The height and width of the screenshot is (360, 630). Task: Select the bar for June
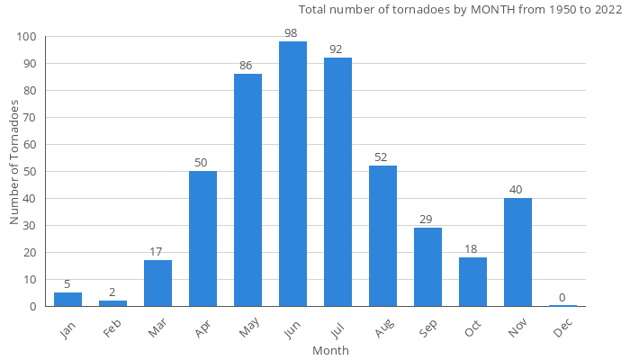click(x=292, y=174)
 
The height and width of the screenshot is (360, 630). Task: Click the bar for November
click(x=517, y=252)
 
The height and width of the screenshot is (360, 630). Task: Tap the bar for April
click(x=202, y=238)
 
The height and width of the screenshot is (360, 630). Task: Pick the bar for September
click(x=427, y=266)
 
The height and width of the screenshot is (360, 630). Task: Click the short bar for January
click(x=67, y=300)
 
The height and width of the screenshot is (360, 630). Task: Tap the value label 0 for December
click(x=562, y=298)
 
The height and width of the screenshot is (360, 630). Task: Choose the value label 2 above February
click(x=112, y=292)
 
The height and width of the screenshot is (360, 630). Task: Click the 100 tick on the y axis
click(x=26, y=37)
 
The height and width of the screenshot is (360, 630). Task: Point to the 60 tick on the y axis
click(x=30, y=145)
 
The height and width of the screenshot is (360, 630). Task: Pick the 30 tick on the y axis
click(x=30, y=226)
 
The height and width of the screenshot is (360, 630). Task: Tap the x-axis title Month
click(x=330, y=350)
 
